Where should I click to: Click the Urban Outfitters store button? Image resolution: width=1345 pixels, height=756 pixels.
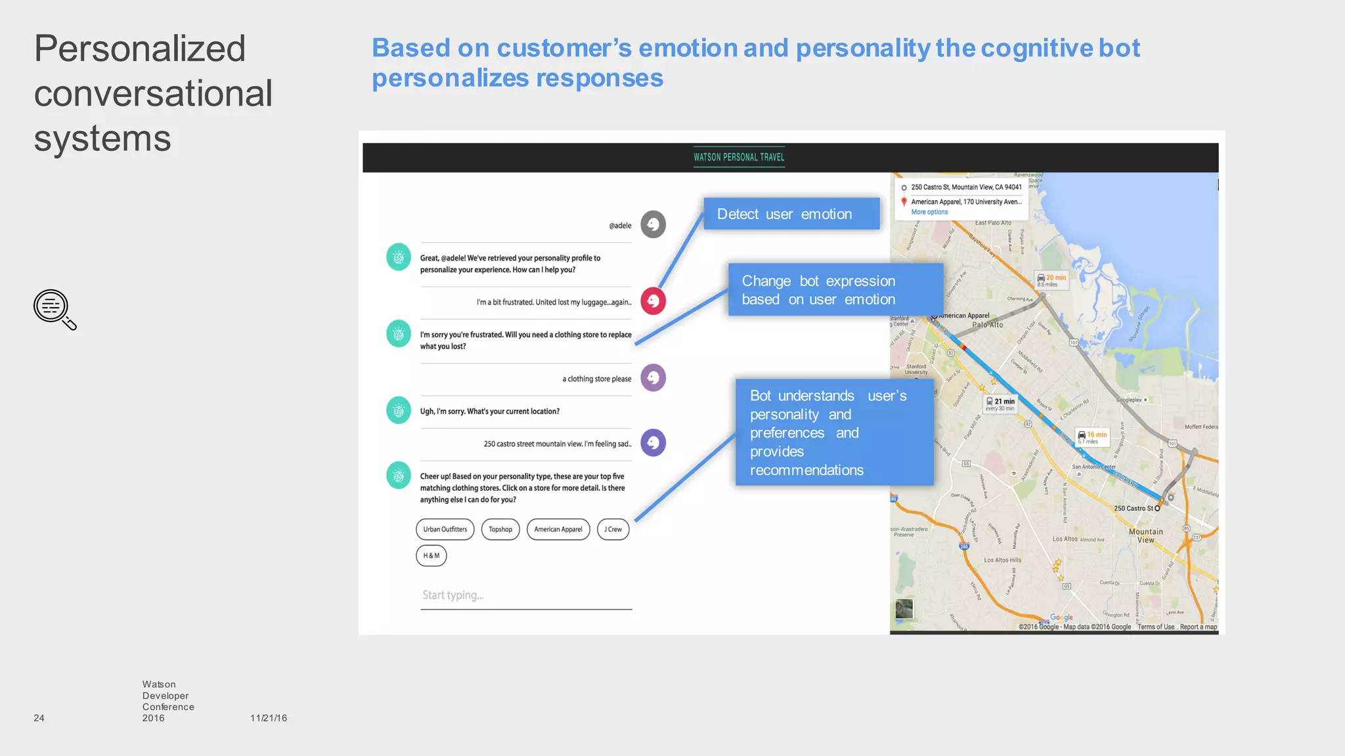click(x=445, y=530)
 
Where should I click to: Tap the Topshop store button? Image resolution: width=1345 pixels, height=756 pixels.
click(x=500, y=530)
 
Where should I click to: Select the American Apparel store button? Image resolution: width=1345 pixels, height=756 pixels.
click(x=558, y=530)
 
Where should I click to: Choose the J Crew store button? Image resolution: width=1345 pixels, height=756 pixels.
click(x=613, y=530)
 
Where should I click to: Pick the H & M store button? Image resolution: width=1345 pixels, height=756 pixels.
click(x=431, y=556)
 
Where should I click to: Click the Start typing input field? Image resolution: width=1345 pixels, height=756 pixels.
click(x=525, y=596)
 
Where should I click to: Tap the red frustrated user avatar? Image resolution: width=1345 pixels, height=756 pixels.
click(x=653, y=301)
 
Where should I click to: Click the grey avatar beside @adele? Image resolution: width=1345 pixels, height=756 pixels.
click(x=653, y=224)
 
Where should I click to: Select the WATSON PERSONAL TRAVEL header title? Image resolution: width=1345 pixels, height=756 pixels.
click(x=739, y=157)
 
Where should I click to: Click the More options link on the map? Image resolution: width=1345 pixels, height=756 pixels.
click(x=929, y=212)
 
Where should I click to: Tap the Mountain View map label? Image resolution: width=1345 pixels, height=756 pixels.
click(x=1145, y=536)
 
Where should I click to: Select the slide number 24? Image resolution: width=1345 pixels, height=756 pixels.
click(x=39, y=718)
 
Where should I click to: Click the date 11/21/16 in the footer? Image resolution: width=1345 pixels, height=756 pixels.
click(x=268, y=718)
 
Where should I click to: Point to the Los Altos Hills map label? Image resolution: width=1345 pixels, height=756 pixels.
click(x=1002, y=560)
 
